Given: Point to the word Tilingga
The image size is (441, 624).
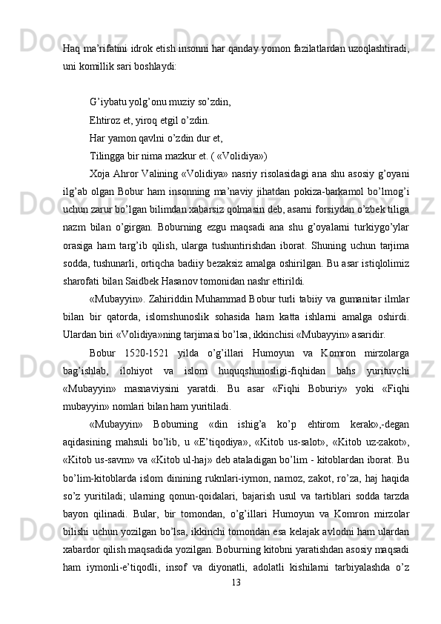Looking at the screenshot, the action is tap(108, 155).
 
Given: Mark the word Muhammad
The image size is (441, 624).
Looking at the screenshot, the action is tap(246, 299).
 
